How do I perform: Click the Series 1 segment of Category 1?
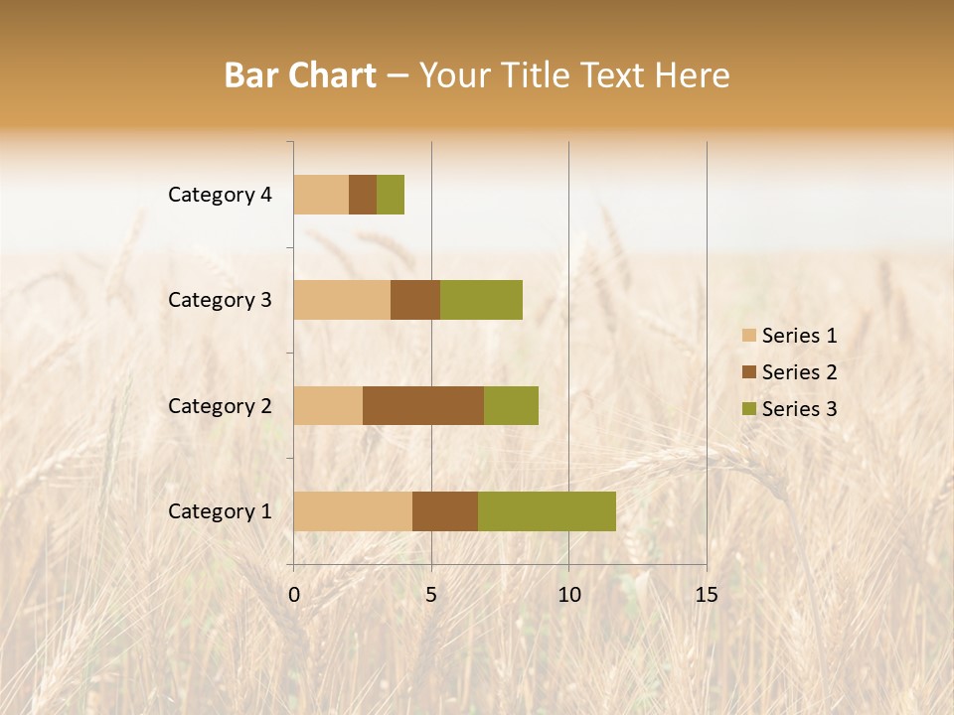(353, 510)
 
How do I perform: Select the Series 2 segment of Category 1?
(445, 510)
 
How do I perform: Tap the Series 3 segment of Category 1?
(547, 510)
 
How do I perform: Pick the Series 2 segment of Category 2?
(423, 405)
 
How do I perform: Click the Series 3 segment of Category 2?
(511, 405)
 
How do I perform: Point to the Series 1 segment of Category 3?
(342, 299)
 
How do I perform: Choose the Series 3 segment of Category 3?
(481, 299)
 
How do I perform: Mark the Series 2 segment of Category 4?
(363, 195)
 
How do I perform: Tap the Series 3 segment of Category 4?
(391, 195)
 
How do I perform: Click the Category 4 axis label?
(220, 195)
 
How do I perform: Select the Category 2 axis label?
(220, 405)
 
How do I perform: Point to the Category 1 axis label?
(220, 511)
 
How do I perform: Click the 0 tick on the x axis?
(294, 595)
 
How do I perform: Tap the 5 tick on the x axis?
(431, 595)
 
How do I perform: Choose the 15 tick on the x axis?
(706, 595)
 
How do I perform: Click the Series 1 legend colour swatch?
(749, 336)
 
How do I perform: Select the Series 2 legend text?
(799, 372)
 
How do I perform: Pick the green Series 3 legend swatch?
(749, 409)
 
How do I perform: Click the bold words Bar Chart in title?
(300, 75)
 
